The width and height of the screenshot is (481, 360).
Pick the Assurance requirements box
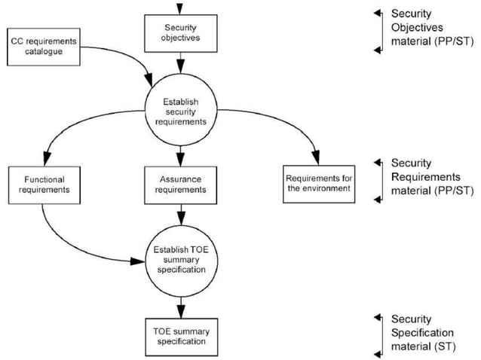coord(179,185)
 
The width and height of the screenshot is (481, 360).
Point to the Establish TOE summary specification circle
coord(179,259)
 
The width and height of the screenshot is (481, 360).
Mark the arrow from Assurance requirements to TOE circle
coord(179,215)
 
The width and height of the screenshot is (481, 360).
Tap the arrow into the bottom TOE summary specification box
coord(179,309)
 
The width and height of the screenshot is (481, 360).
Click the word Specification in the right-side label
coord(422,331)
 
